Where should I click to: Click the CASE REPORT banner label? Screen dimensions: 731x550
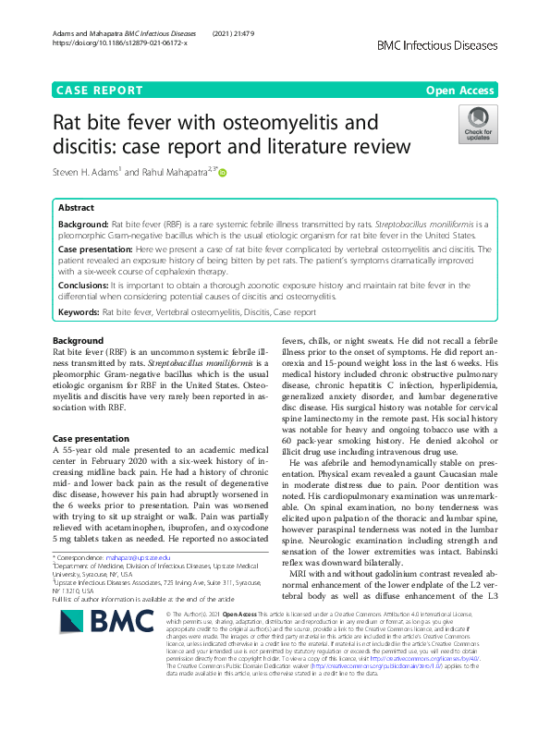[x=100, y=91]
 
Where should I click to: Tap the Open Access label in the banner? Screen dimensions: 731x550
[x=459, y=91]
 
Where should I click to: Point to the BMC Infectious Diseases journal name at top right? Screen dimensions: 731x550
[x=437, y=44]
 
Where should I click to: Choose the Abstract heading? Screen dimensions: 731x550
[x=76, y=209]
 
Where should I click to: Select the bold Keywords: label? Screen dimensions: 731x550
[x=79, y=313]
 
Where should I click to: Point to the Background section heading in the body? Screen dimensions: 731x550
[x=79, y=342]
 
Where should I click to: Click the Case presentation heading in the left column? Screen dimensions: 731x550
[x=92, y=438]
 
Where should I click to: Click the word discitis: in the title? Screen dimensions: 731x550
[x=84, y=147]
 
